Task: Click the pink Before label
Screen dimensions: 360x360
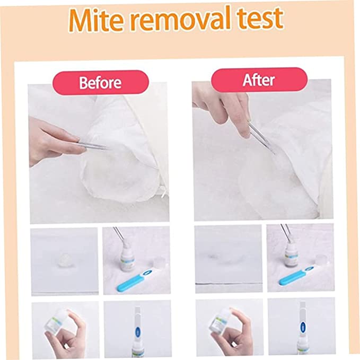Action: point(101,82)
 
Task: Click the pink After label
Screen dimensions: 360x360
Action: point(259,80)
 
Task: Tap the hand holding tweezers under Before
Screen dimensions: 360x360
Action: point(55,140)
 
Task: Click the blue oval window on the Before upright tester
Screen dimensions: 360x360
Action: point(138,331)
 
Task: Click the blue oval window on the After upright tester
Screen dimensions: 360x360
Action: point(303,326)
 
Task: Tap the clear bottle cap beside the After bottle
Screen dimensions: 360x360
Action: point(322,259)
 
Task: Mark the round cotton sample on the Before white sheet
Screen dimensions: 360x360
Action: point(65,259)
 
